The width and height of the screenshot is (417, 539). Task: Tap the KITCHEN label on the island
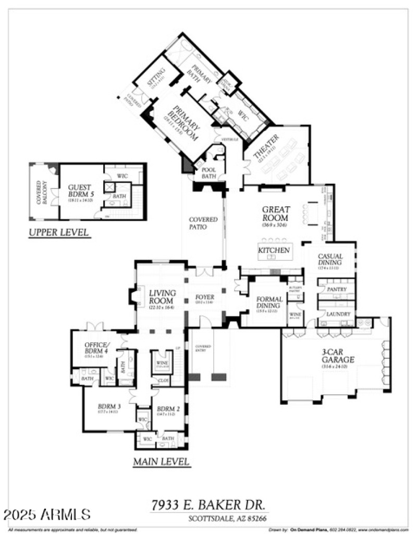click(x=274, y=250)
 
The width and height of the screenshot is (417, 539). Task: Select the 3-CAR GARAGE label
click(x=338, y=356)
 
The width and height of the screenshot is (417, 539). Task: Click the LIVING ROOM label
click(x=162, y=297)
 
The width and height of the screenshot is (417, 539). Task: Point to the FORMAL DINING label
click(x=269, y=303)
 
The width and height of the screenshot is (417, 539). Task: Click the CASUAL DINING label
click(x=330, y=259)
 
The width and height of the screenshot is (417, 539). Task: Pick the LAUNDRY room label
click(x=334, y=314)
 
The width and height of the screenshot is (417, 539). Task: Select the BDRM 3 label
click(x=109, y=406)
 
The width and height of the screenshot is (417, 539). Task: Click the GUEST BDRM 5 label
click(x=80, y=190)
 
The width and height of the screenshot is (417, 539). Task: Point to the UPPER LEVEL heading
click(x=59, y=232)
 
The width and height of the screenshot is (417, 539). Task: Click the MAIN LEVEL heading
click(x=161, y=461)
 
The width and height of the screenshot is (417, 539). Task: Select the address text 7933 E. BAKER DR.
click(x=208, y=504)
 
